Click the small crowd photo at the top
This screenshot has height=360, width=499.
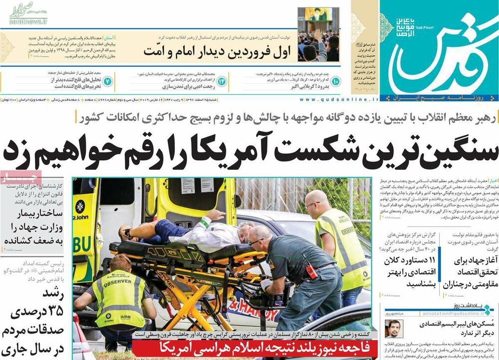coord(318,35)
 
